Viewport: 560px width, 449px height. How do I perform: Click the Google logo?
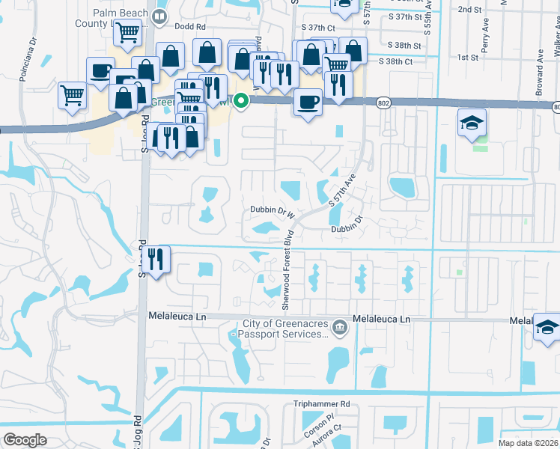[25, 439]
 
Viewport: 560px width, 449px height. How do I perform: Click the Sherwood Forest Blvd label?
[285, 272]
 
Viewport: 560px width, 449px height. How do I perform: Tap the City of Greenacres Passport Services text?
[285, 329]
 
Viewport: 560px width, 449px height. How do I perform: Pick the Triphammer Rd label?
[322, 404]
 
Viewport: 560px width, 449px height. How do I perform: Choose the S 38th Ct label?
[396, 61]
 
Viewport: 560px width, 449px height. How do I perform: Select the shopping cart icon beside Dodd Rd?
[129, 33]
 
